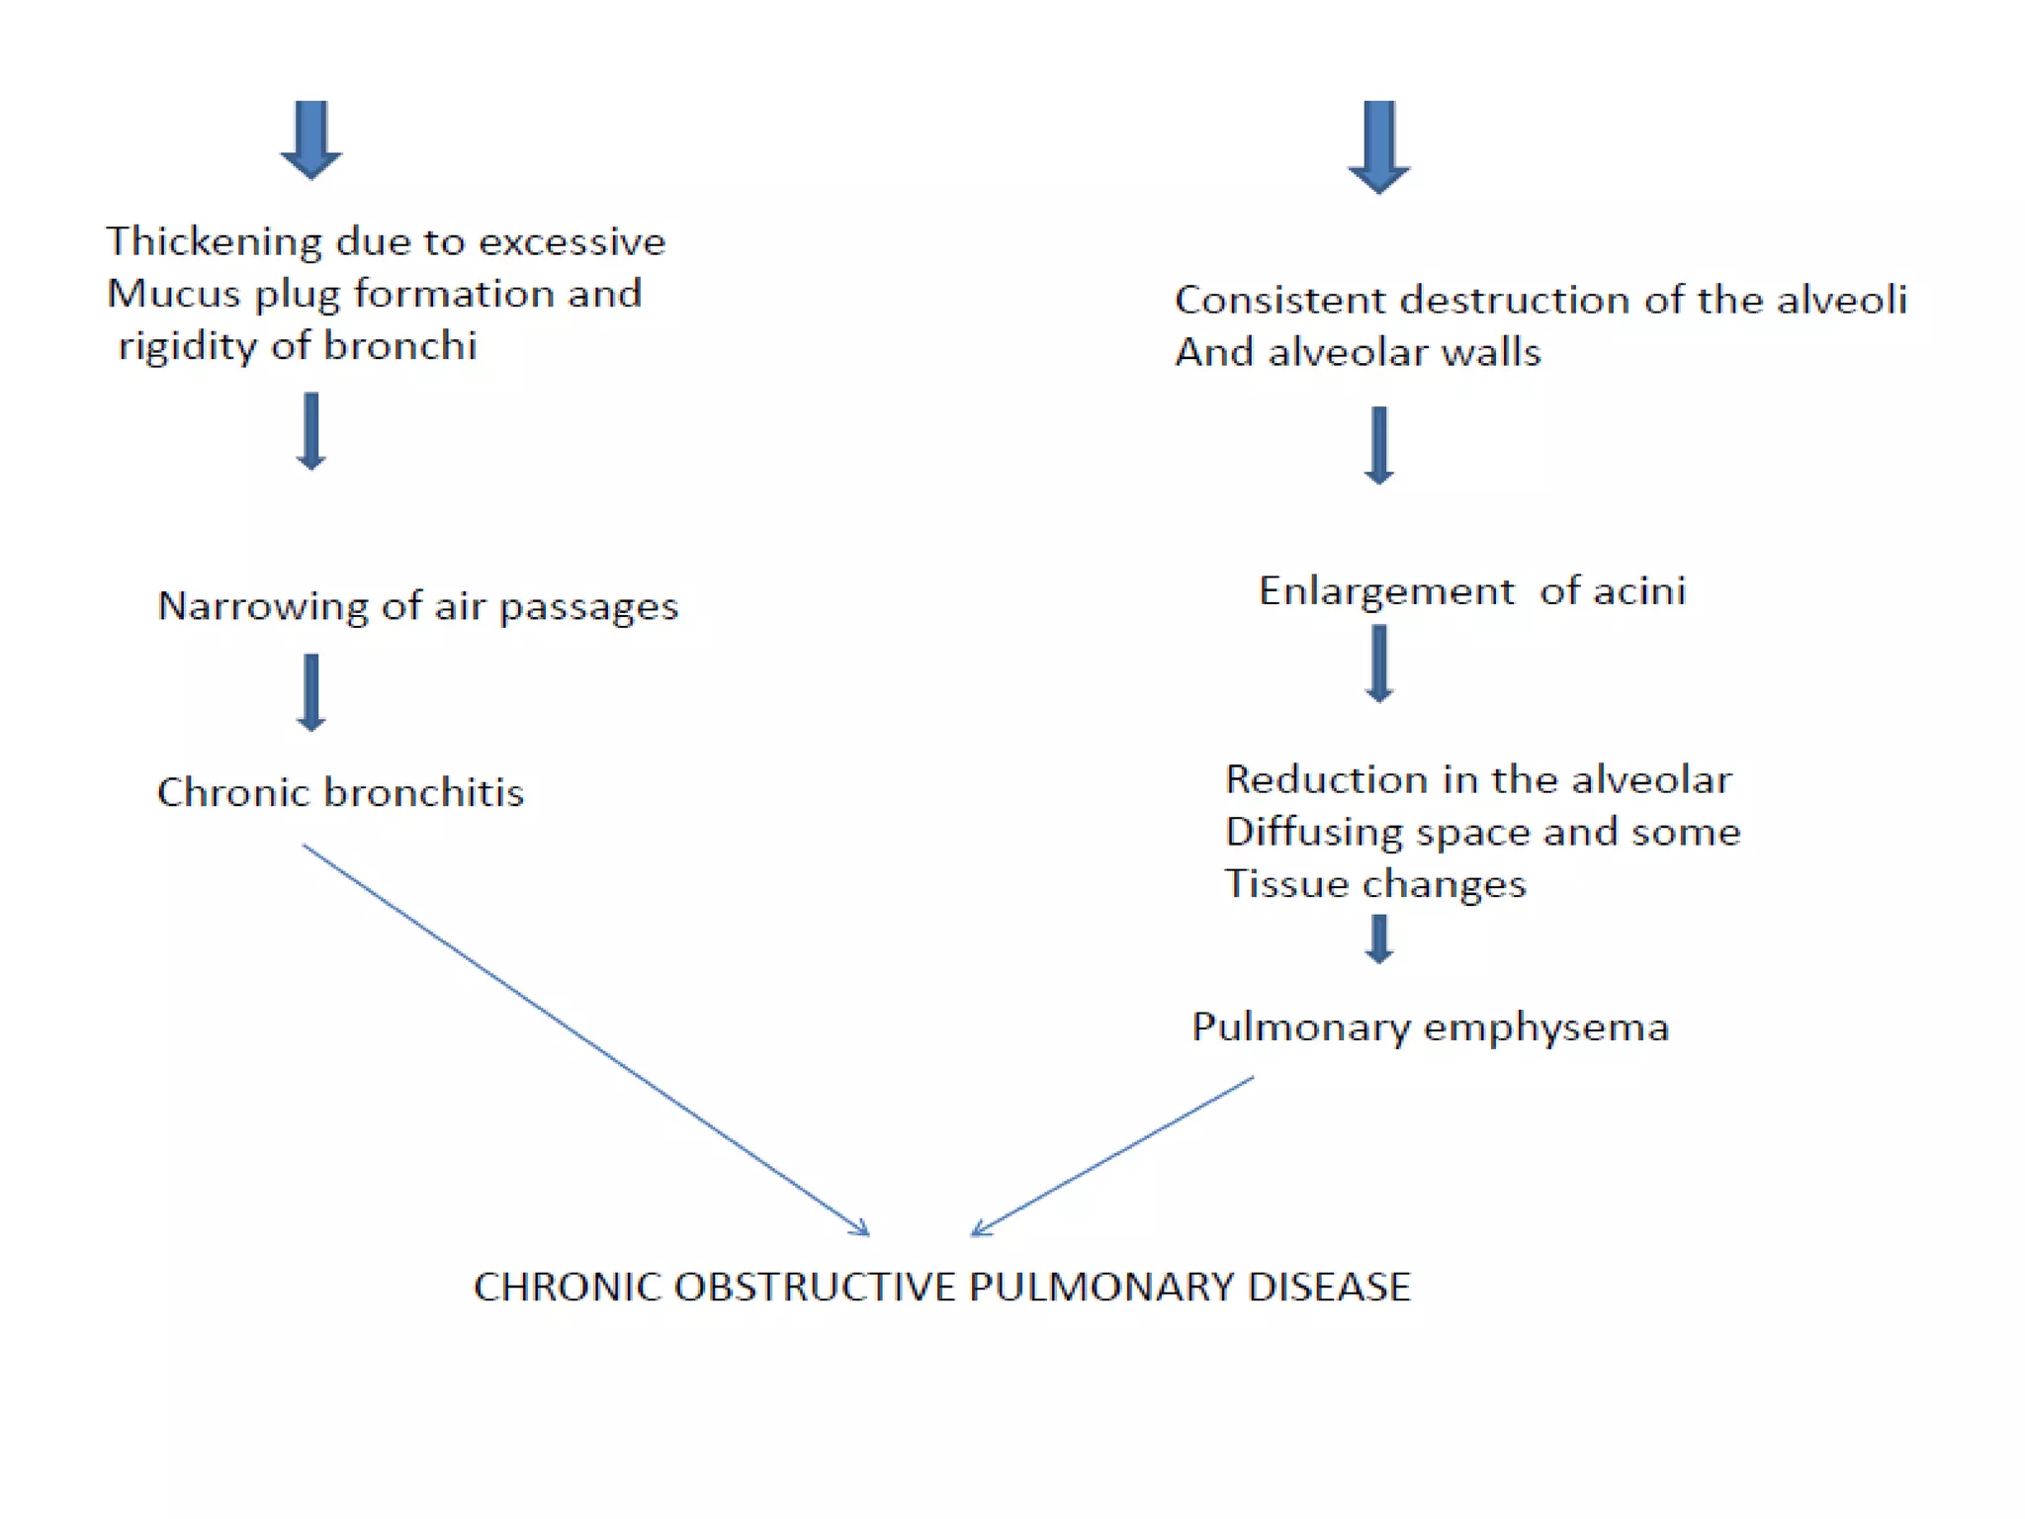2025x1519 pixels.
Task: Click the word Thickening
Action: tap(214, 242)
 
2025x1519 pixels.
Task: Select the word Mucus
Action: tap(174, 294)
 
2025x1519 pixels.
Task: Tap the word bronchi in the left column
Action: tap(399, 346)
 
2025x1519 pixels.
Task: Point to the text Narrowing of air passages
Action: tap(417, 606)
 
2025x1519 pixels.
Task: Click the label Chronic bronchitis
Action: tap(340, 793)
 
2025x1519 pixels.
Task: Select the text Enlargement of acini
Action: tap(1471, 591)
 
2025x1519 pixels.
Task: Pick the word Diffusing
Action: tap(1313, 833)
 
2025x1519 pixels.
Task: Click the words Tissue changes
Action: tap(1374, 884)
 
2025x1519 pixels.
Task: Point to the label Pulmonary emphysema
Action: tap(1430, 1028)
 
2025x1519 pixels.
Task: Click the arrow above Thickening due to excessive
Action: tap(311, 139)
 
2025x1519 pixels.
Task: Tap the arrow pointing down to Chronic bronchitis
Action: tap(311, 692)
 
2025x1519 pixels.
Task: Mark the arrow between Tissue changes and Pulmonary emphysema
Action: tap(1379, 938)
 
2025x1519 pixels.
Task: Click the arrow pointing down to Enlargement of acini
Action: tap(1379, 445)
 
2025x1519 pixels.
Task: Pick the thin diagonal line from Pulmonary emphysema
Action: tap(1112, 1156)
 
